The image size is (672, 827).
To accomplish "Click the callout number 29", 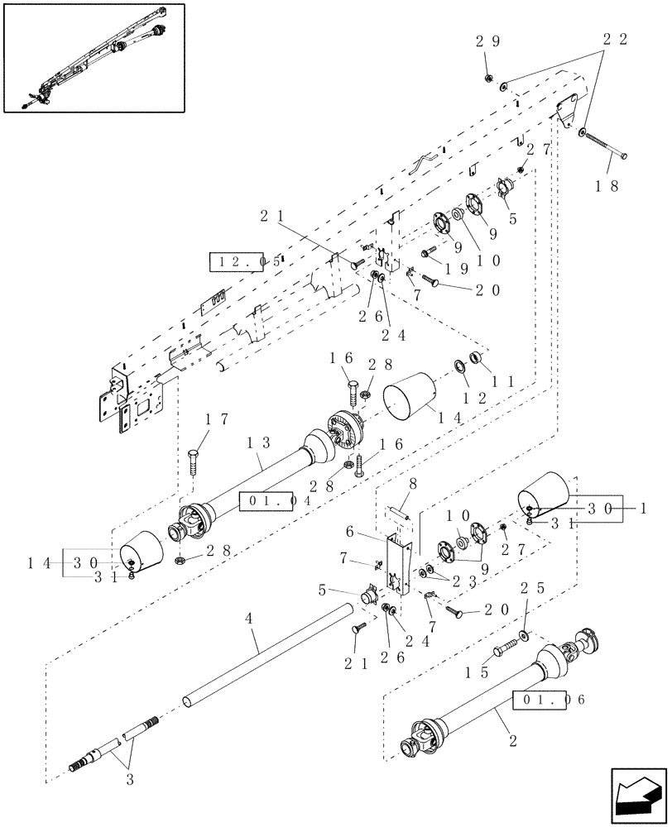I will pos(488,41).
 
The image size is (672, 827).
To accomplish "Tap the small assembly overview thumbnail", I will pos(94,57).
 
